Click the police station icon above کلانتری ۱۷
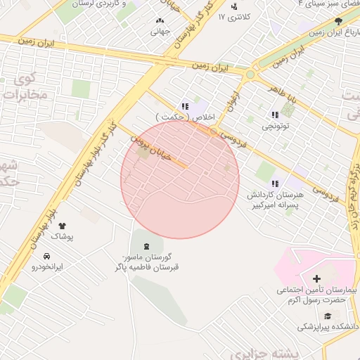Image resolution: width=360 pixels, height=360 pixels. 234,6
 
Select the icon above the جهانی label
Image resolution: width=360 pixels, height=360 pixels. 161,21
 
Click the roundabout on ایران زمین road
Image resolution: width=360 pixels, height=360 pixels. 251,73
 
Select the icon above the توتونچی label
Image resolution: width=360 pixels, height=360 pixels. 274,115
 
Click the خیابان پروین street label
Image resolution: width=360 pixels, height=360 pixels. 151,150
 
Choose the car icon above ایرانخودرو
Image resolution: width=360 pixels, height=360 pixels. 47,256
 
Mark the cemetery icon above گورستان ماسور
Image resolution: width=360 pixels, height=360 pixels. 146,245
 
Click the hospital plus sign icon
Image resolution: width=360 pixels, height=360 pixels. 316,279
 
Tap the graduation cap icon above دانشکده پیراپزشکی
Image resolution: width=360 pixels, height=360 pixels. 328,314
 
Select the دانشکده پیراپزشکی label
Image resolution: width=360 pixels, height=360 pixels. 327,326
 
